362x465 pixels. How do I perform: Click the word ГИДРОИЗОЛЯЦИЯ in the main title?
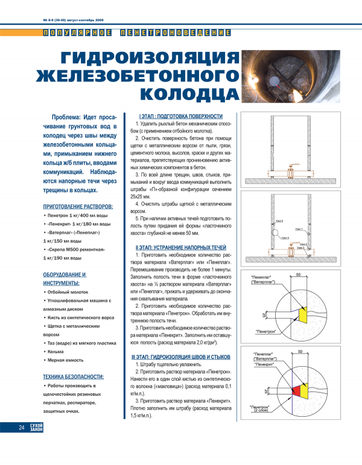pos(145,58)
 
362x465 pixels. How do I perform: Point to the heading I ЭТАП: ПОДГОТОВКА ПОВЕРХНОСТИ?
pos(180,116)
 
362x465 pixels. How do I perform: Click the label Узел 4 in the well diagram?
pos(284,239)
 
